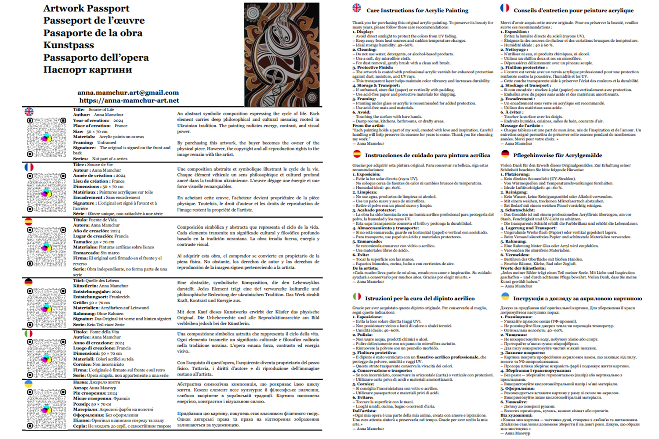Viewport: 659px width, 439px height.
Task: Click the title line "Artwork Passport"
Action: click(x=86, y=8)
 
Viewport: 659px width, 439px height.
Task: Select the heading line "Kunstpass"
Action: click(x=69, y=45)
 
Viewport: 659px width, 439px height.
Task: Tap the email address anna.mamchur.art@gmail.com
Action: click(x=128, y=93)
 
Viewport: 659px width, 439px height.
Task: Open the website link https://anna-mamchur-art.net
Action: click(x=129, y=101)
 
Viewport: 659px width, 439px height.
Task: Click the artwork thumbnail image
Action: click(x=282, y=54)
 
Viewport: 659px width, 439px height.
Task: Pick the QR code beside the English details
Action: click(x=46, y=137)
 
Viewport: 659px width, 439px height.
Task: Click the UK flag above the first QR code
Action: click(x=29, y=112)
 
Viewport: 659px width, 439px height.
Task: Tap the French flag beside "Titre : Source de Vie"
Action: click(x=29, y=167)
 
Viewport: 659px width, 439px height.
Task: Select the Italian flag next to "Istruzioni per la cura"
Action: click(x=357, y=297)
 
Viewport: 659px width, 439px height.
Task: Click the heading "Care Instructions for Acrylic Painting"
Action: click(x=417, y=11)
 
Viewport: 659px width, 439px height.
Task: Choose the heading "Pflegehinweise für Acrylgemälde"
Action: click(x=557, y=155)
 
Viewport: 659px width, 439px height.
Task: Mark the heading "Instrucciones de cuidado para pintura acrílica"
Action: click(x=427, y=155)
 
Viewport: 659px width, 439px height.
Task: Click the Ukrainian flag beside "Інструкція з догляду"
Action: click(x=505, y=297)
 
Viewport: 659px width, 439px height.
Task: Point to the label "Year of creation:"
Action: click(x=91, y=120)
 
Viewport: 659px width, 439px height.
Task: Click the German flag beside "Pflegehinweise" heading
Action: click(x=505, y=154)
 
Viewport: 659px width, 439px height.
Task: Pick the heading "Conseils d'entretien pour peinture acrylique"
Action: click(x=573, y=11)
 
